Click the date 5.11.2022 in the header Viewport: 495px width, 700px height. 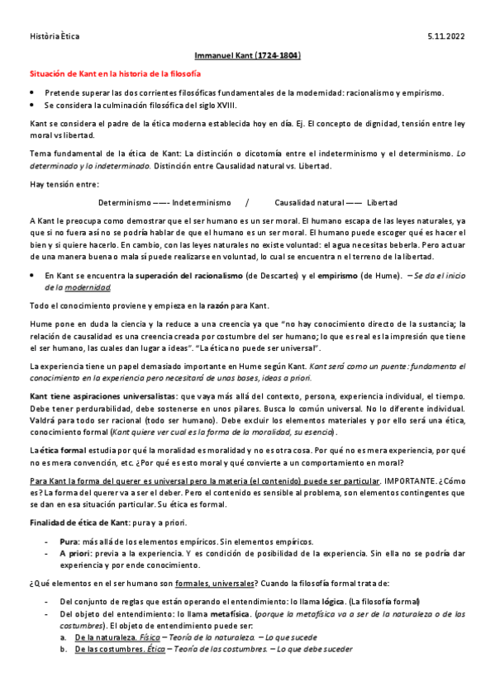451,37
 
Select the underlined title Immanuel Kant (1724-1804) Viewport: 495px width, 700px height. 246,55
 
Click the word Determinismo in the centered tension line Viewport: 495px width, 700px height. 124,202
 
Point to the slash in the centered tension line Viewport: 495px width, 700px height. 247,202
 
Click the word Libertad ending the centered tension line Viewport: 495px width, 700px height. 382,202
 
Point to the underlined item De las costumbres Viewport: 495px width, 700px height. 110,649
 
